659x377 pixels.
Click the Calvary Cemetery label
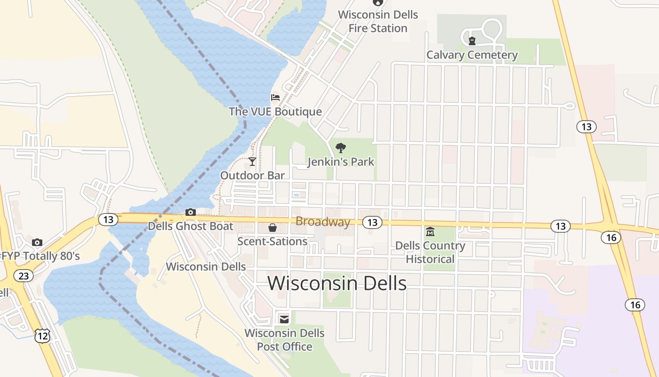coord(472,55)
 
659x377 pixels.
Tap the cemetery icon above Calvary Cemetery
coord(472,41)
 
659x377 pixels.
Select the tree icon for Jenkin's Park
coord(341,148)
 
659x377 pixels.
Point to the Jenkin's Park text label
coord(341,162)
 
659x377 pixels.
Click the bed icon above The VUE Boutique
coord(275,98)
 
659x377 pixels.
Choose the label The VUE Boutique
coord(275,112)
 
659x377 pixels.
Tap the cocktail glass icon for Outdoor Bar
coord(252,162)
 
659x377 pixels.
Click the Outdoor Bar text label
coord(252,176)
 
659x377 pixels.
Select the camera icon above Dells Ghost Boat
coord(191,212)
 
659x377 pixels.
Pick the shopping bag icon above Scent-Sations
coord(272,228)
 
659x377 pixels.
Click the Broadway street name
coord(323,222)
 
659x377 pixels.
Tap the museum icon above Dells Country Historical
coord(430,231)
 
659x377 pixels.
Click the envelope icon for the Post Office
coord(284,319)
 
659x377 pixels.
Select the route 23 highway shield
coord(23,275)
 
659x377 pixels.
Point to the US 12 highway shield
coord(42,336)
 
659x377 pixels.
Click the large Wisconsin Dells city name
coord(337,284)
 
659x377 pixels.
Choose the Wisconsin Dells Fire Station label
coord(378,22)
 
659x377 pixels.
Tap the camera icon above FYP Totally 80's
coord(37,242)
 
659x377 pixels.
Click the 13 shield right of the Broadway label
coord(372,222)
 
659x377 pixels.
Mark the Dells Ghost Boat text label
coord(191,226)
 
